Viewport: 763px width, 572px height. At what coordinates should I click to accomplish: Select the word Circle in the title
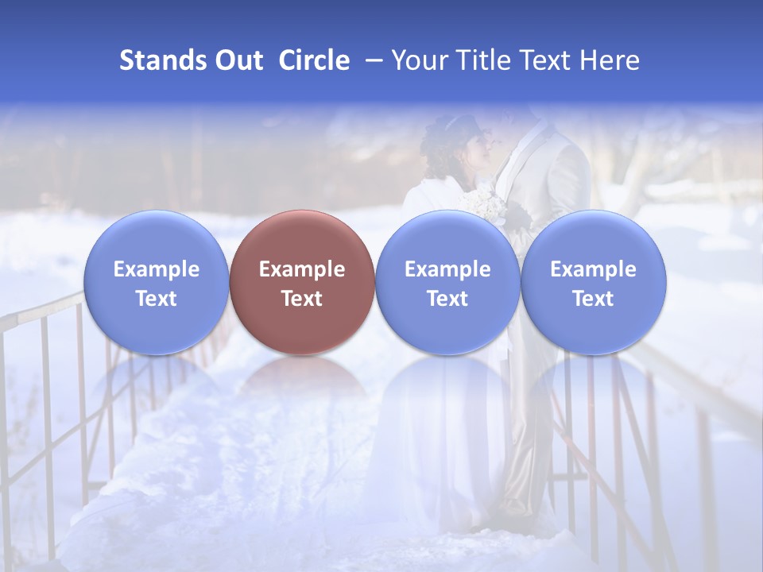314,60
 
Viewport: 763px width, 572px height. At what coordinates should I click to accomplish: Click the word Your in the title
419,60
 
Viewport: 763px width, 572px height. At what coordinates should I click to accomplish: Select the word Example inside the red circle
302,269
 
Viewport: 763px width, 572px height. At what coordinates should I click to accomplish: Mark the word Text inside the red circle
302,299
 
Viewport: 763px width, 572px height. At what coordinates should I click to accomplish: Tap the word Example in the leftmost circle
156,269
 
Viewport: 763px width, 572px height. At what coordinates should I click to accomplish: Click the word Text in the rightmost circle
593,299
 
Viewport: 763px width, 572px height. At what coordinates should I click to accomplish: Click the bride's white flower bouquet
486,204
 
